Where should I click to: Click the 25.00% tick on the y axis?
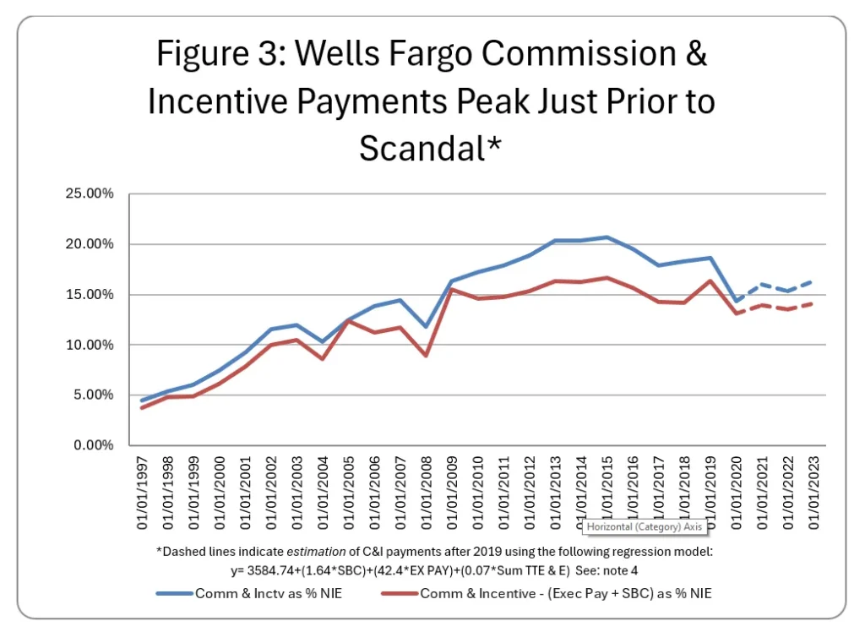(x=90, y=193)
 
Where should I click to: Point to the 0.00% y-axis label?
(x=92, y=445)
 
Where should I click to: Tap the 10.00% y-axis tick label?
(x=90, y=345)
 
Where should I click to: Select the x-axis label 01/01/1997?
(x=143, y=495)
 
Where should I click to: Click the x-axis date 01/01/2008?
(x=426, y=495)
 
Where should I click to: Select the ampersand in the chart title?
(x=694, y=55)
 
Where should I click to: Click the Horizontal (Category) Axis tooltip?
(x=645, y=527)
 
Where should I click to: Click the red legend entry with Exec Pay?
(x=564, y=593)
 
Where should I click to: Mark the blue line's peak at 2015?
(x=607, y=237)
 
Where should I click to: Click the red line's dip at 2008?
(x=427, y=355)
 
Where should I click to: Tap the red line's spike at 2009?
(x=453, y=290)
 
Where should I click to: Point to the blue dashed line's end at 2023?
(x=813, y=281)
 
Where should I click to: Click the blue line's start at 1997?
(x=143, y=400)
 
